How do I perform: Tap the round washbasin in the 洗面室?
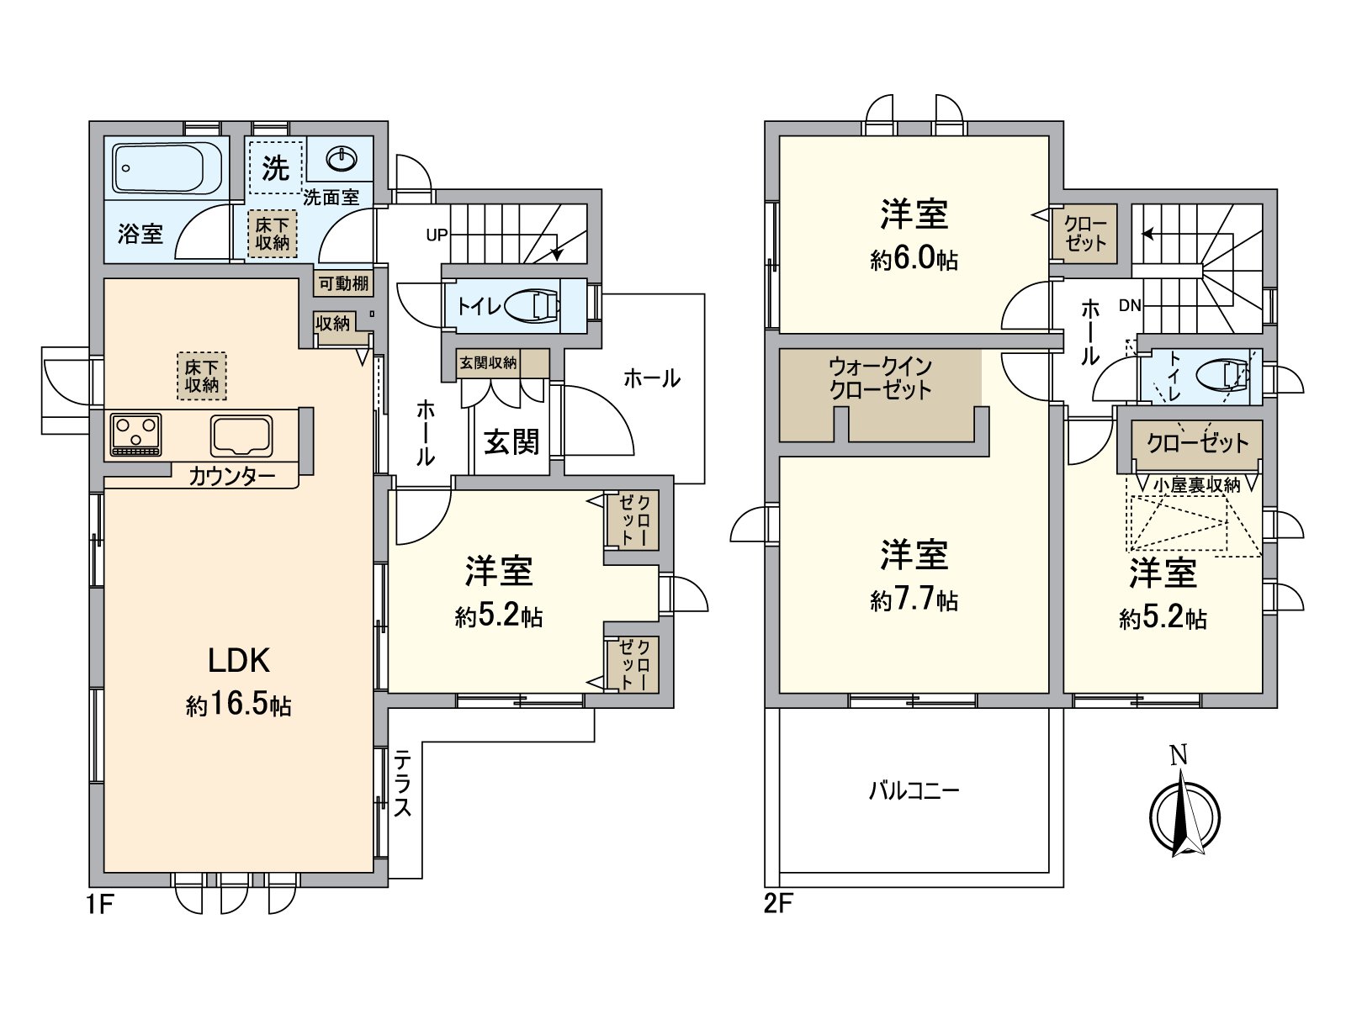(341, 160)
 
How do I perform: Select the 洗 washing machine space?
(276, 167)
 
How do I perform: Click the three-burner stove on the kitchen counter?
(136, 435)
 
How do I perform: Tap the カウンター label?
(232, 476)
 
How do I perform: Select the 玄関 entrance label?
(511, 441)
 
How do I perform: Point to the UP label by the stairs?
(437, 235)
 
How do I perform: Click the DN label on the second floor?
(1130, 305)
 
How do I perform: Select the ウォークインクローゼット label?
(881, 379)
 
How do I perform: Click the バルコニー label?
(914, 791)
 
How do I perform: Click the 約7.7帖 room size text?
(914, 600)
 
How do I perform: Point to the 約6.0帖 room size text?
(914, 260)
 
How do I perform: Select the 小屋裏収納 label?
(1196, 485)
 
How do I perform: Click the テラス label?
(402, 784)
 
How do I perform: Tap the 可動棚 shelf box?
(344, 283)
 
